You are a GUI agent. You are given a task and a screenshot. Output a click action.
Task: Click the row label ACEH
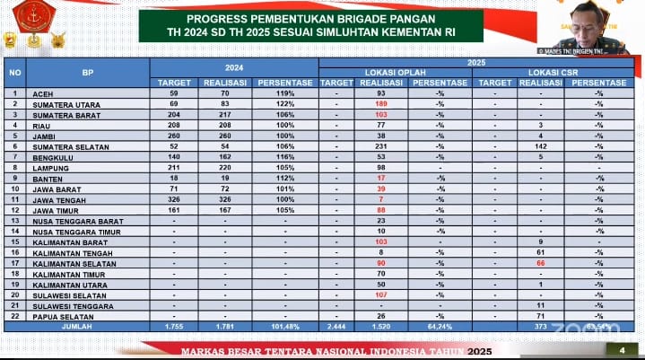pyautogui.click(x=42, y=92)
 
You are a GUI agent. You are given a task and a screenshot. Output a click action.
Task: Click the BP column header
pyautogui.click(x=87, y=72)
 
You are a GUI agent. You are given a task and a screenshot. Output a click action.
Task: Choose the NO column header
pyautogui.click(x=14, y=72)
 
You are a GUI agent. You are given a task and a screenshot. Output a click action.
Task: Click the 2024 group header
pyautogui.click(x=233, y=66)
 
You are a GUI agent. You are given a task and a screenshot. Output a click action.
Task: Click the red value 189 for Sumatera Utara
pyautogui.click(x=381, y=103)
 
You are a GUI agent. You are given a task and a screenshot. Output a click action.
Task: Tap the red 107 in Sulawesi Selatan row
pyautogui.click(x=381, y=294)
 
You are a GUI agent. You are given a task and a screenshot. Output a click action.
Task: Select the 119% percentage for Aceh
pyautogui.click(x=284, y=92)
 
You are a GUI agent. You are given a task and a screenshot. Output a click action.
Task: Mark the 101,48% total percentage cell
pyautogui.click(x=284, y=327)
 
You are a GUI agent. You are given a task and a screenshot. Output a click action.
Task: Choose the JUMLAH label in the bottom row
pyautogui.click(x=75, y=327)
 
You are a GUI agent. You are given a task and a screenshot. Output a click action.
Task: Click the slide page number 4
pyautogui.click(x=622, y=349)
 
